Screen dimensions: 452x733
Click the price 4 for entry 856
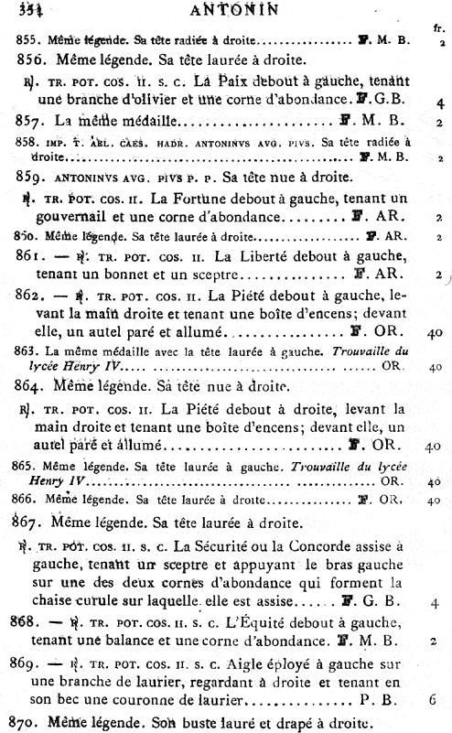pyautogui.click(x=440, y=102)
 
